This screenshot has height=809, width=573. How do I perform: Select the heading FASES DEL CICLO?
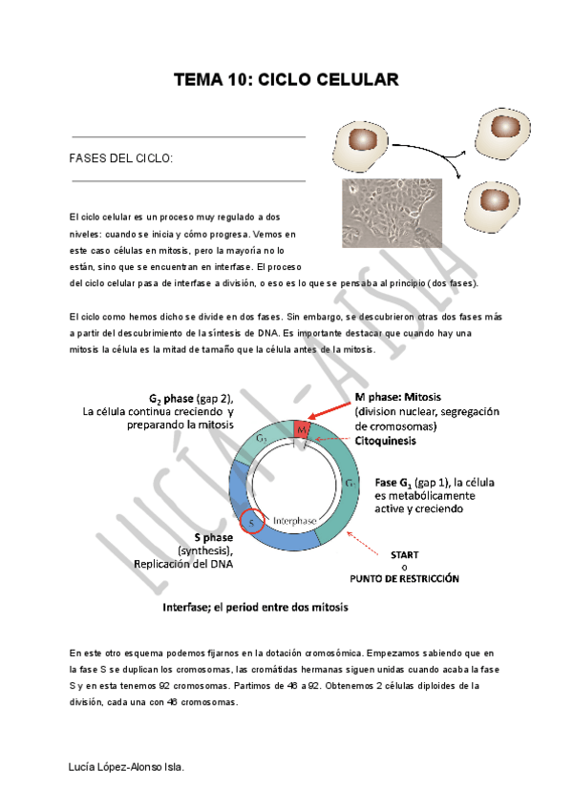pyautogui.click(x=121, y=157)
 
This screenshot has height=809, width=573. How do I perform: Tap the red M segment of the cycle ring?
pyautogui.click(x=302, y=430)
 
